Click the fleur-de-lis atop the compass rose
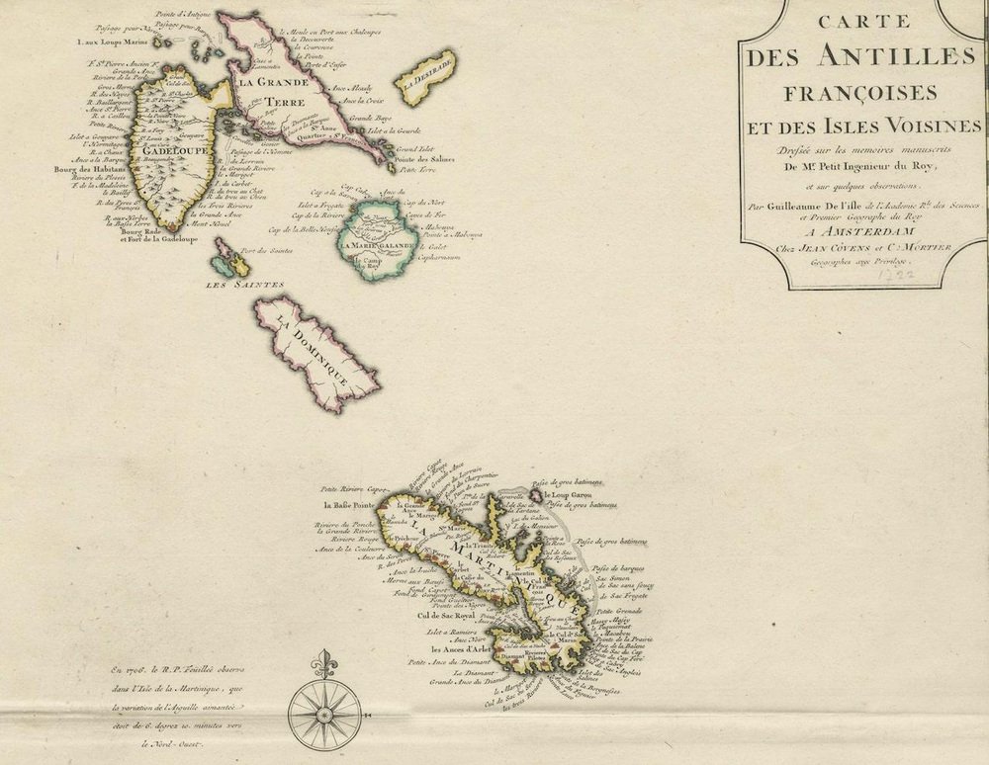coord(322,660)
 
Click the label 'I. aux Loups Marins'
coord(114,42)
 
